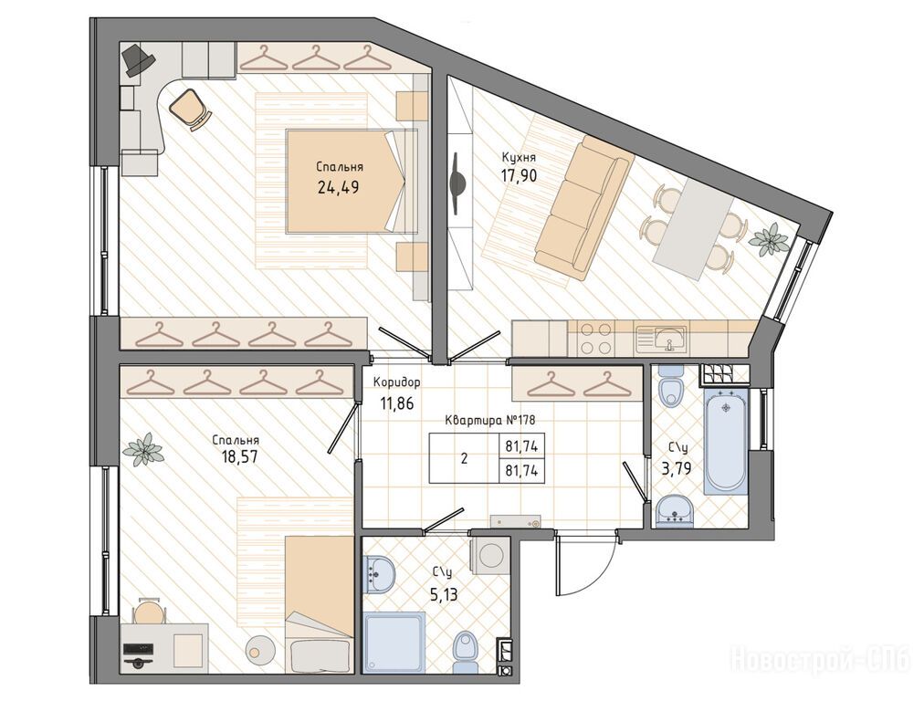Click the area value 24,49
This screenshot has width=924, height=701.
[x=338, y=187]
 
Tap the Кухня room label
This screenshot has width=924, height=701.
[x=519, y=157]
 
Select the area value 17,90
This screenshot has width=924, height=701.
[x=519, y=175]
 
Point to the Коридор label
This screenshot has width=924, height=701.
[x=396, y=382]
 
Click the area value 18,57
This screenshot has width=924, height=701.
[x=236, y=457]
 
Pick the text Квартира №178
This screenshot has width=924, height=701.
[x=489, y=421]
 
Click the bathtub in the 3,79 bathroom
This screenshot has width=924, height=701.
[x=726, y=441]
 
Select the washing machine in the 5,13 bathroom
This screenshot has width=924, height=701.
[x=489, y=554]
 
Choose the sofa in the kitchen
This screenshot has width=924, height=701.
[x=583, y=208]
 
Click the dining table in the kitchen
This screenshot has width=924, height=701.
[x=694, y=229]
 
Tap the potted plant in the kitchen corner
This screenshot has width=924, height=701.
[x=770, y=241]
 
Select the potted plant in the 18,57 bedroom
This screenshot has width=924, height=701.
[x=142, y=449]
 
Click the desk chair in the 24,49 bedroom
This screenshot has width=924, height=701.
[x=190, y=108]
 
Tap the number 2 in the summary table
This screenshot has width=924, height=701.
[x=465, y=459]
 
